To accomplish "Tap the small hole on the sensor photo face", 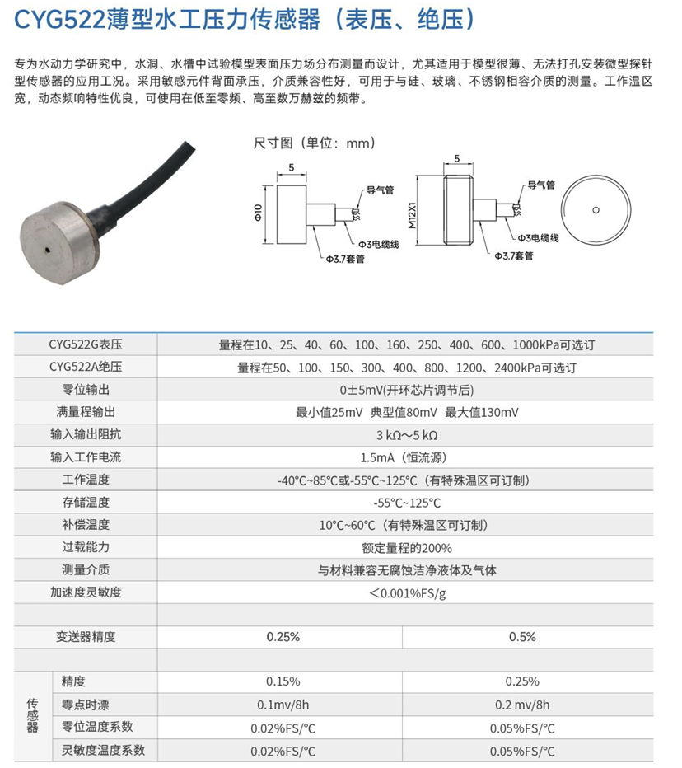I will pos(51,247).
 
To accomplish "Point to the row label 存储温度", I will pos(86,502).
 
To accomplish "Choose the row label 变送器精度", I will pos(86,637).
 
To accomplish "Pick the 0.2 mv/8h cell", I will pos(523,705).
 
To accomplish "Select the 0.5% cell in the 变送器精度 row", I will pos(523,637).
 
